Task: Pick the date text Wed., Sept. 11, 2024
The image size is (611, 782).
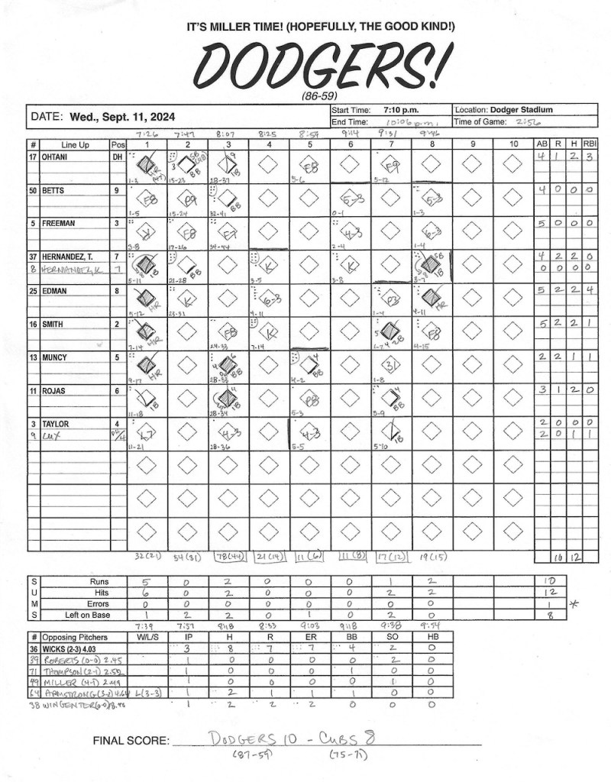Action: pos(122,118)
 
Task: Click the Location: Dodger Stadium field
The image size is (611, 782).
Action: pos(504,110)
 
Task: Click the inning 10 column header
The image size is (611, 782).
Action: pos(513,144)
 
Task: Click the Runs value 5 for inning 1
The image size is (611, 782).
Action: pos(144,581)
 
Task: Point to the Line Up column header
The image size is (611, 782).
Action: pos(74,144)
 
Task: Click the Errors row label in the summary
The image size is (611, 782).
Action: pos(94,603)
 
